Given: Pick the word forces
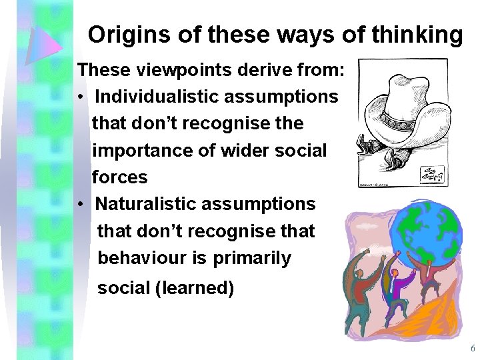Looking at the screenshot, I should tap(119, 177).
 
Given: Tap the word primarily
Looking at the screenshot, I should tap(253, 258).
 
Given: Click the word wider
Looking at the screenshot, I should tap(237, 151).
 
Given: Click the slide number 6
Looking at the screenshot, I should tap(473, 349).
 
